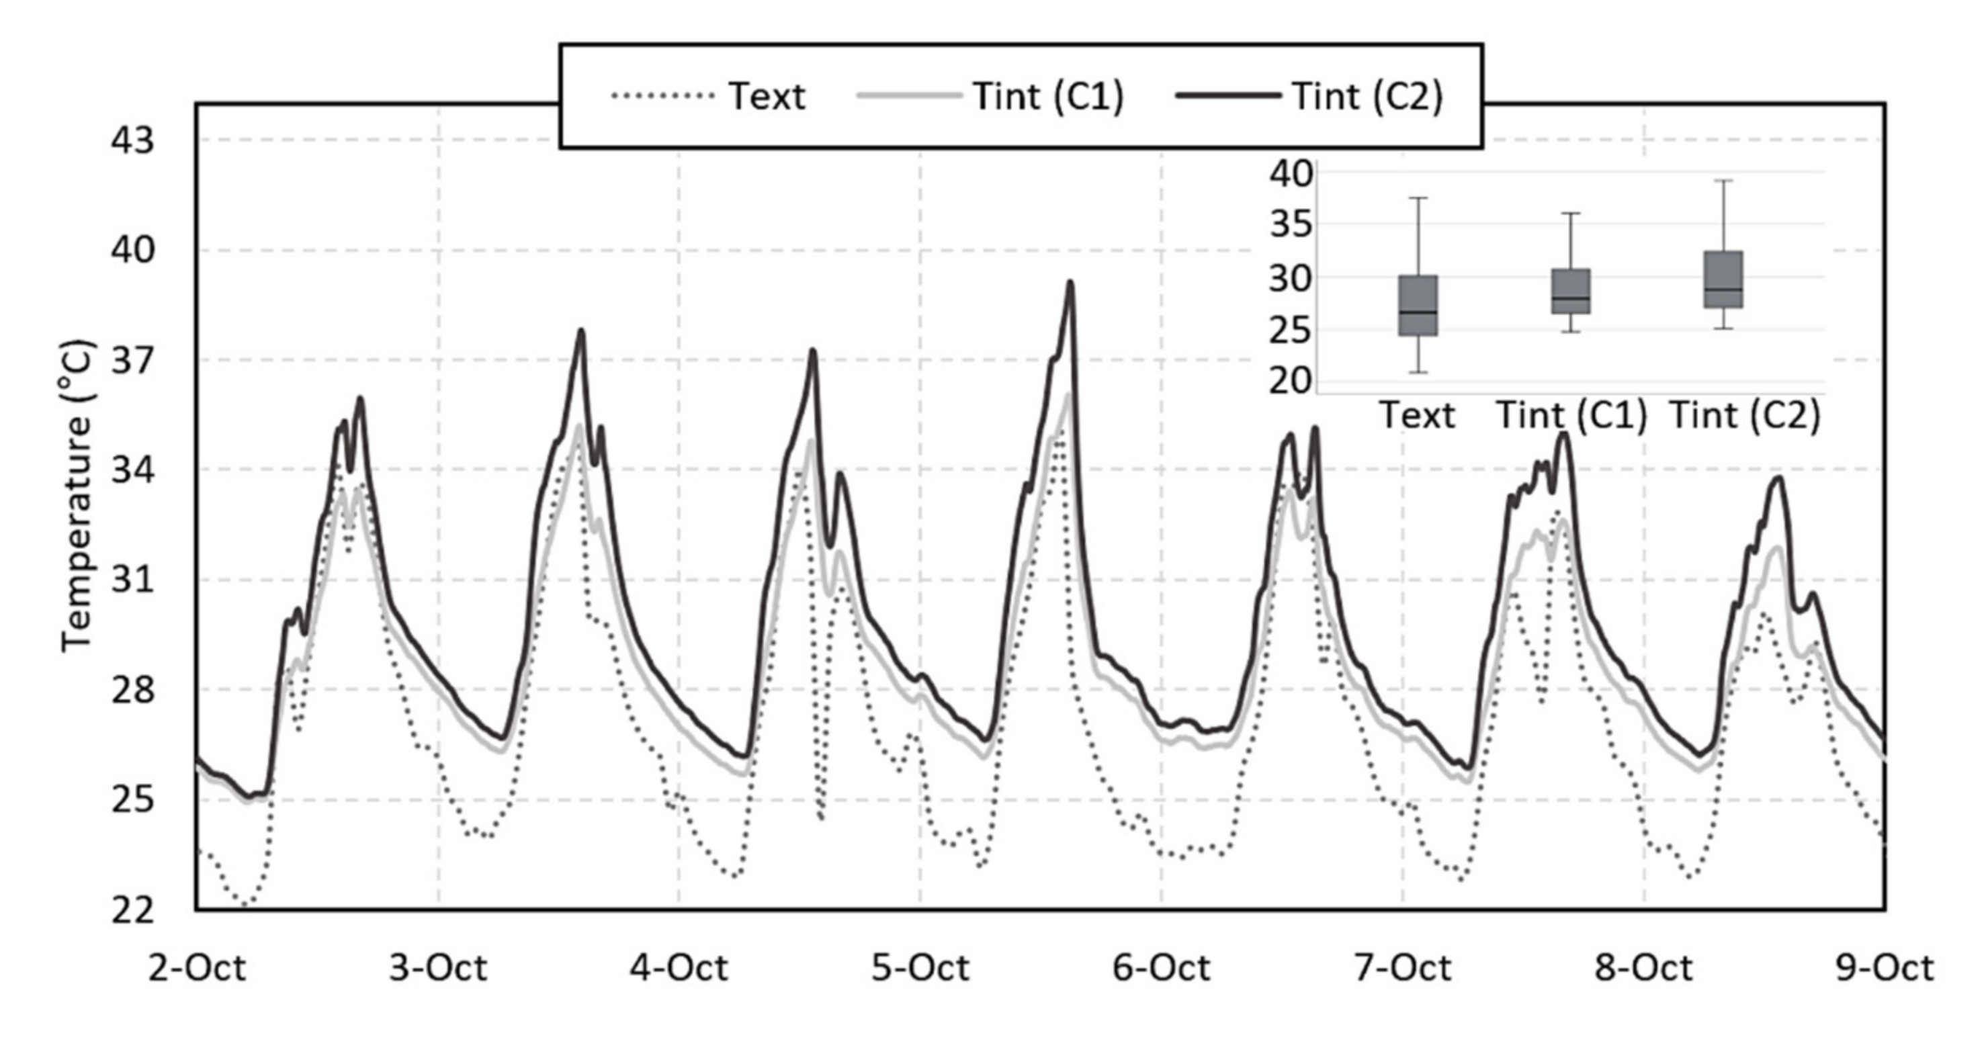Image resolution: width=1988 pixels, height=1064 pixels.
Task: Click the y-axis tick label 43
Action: click(x=133, y=141)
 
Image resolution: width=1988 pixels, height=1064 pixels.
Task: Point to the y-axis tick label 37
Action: click(x=133, y=360)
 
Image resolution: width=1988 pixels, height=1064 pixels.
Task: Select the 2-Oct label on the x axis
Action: click(x=197, y=967)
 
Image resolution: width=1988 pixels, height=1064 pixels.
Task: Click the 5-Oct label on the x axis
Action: click(x=920, y=967)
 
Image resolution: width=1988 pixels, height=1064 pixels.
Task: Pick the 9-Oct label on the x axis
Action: click(x=1884, y=967)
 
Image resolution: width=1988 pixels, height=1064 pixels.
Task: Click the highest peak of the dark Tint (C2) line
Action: click(x=1070, y=282)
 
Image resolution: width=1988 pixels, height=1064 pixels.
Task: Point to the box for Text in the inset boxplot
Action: click(x=1418, y=306)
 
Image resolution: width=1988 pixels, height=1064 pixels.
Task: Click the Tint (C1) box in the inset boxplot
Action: click(x=1571, y=291)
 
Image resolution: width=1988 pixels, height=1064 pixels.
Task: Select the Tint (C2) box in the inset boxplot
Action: click(x=1723, y=279)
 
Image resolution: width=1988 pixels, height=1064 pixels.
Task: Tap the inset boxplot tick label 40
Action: click(x=1291, y=173)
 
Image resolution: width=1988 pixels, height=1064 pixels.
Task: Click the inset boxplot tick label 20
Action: click(x=1291, y=381)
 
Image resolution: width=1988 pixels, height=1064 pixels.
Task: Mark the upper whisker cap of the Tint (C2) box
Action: click(x=1723, y=181)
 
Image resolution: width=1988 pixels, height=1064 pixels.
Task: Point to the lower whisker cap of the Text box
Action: click(x=1418, y=373)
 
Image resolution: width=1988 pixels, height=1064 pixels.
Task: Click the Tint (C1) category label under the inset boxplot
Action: click(x=1572, y=416)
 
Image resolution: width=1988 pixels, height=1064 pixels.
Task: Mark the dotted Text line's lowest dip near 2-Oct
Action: click(x=245, y=904)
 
